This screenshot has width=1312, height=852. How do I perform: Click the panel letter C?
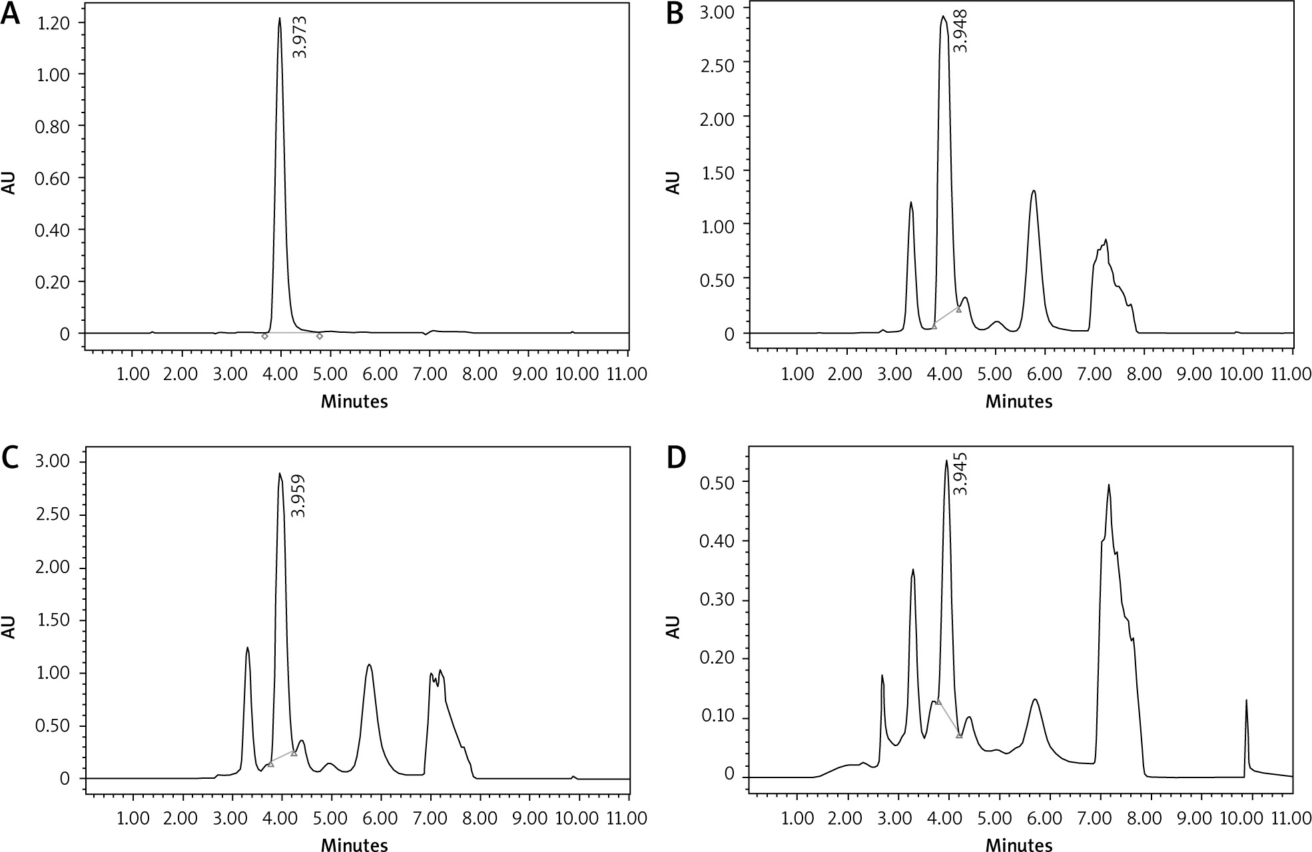click(x=11, y=459)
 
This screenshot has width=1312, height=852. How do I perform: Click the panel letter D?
click(x=675, y=459)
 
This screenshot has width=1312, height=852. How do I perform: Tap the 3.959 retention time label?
click(x=300, y=495)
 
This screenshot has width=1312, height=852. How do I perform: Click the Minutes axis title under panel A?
click(x=354, y=401)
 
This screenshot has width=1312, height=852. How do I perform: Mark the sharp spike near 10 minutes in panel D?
click(x=1246, y=700)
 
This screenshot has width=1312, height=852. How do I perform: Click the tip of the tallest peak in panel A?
click(x=280, y=19)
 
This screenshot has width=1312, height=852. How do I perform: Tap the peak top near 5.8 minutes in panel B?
click(x=1034, y=191)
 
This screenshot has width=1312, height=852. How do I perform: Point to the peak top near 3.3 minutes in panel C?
click(x=247, y=648)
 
